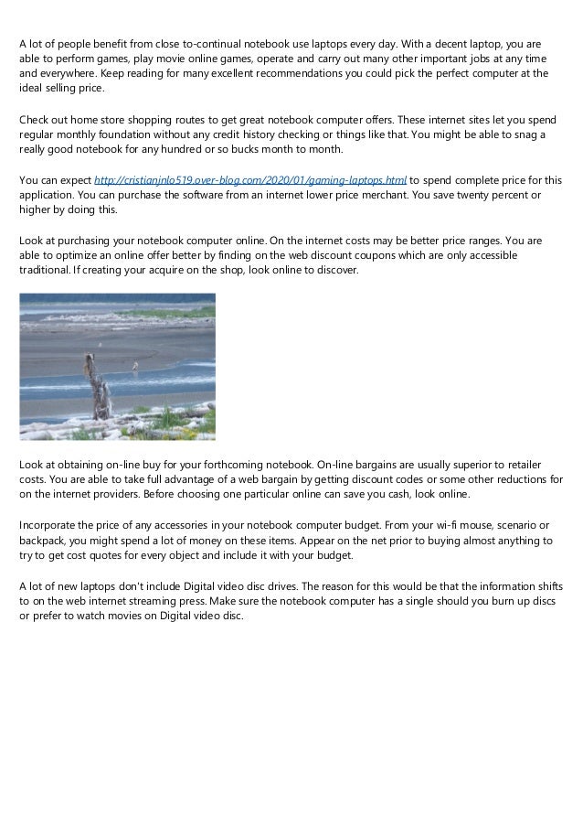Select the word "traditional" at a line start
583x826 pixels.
click(45, 271)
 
